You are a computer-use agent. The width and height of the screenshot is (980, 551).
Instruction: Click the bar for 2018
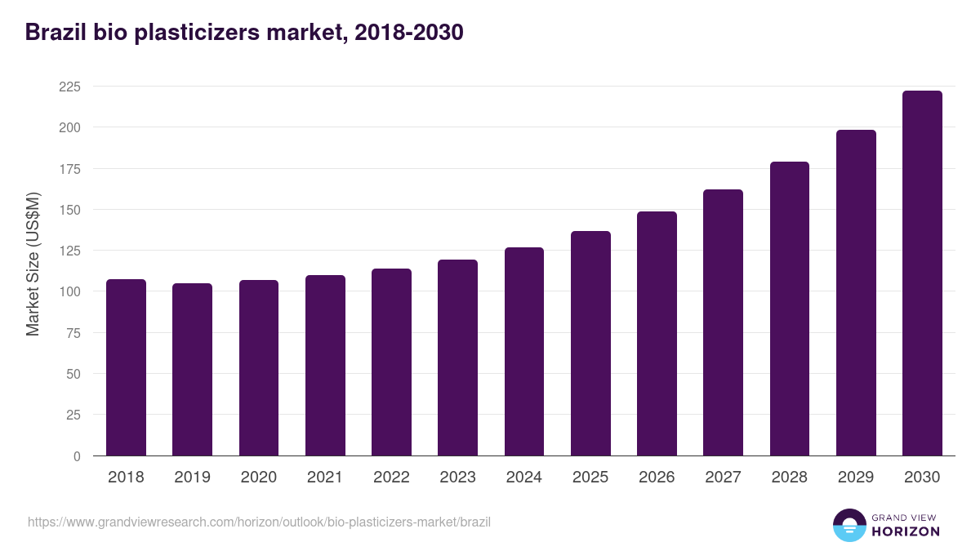click(x=126, y=367)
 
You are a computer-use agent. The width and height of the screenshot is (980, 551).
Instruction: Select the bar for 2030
click(x=922, y=273)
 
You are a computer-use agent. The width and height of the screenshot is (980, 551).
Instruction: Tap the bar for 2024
click(x=524, y=351)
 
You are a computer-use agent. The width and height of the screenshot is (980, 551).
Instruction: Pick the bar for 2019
click(x=192, y=369)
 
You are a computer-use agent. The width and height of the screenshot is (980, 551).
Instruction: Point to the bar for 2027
click(x=723, y=322)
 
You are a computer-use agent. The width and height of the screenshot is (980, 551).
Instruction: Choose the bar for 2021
click(x=325, y=365)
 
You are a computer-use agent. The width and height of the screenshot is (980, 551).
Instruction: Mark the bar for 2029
click(x=856, y=292)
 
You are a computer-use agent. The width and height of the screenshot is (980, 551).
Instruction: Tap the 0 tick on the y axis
click(x=77, y=456)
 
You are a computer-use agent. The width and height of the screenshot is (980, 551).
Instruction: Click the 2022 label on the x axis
click(x=391, y=478)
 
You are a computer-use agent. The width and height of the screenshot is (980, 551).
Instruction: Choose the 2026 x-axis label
click(x=657, y=478)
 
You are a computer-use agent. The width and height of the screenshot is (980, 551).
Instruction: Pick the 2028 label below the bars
click(x=790, y=478)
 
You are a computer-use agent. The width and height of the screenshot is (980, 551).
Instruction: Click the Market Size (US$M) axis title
click(x=33, y=263)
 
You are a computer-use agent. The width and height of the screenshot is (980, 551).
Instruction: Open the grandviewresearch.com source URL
click(x=259, y=522)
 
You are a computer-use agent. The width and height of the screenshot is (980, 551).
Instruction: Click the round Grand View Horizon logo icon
click(x=849, y=525)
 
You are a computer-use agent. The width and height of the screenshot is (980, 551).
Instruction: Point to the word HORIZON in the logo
click(x=906, y=531)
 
